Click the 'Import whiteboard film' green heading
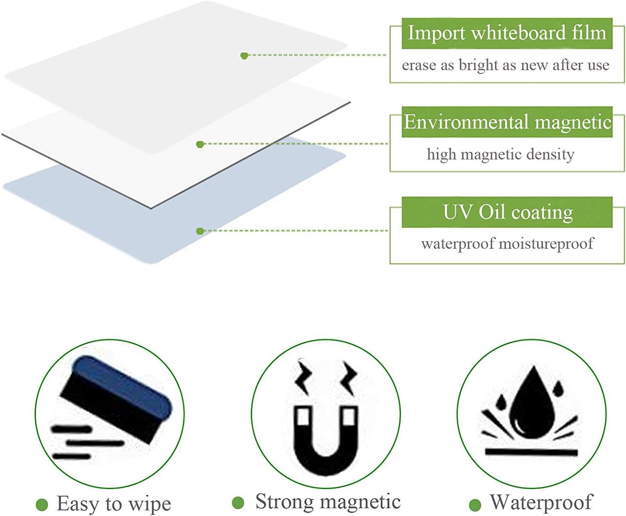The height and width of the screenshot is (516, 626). [507, 33]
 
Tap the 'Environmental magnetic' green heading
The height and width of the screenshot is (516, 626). [507, 122]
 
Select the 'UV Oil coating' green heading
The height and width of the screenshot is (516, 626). [507, 212]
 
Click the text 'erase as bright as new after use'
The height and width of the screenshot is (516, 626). [505, 65]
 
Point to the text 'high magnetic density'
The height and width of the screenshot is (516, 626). [501, 154]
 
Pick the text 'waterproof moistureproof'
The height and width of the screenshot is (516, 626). [507, 244]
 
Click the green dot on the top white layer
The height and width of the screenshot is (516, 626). [244, 55]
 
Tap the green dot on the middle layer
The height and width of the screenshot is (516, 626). [200, 144]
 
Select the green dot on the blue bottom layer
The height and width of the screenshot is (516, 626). [199, 231]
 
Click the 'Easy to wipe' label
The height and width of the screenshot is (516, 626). [114, 503]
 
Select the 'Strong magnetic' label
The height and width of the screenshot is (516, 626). [328, 502]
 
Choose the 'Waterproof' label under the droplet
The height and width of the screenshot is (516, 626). [541, 503]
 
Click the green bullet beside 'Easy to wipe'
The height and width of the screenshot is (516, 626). [42, 504]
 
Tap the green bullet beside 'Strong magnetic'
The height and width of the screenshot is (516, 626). [238, 503]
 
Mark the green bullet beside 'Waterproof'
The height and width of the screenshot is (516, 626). [475, 504]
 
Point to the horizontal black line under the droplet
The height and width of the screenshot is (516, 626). [531, 452]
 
